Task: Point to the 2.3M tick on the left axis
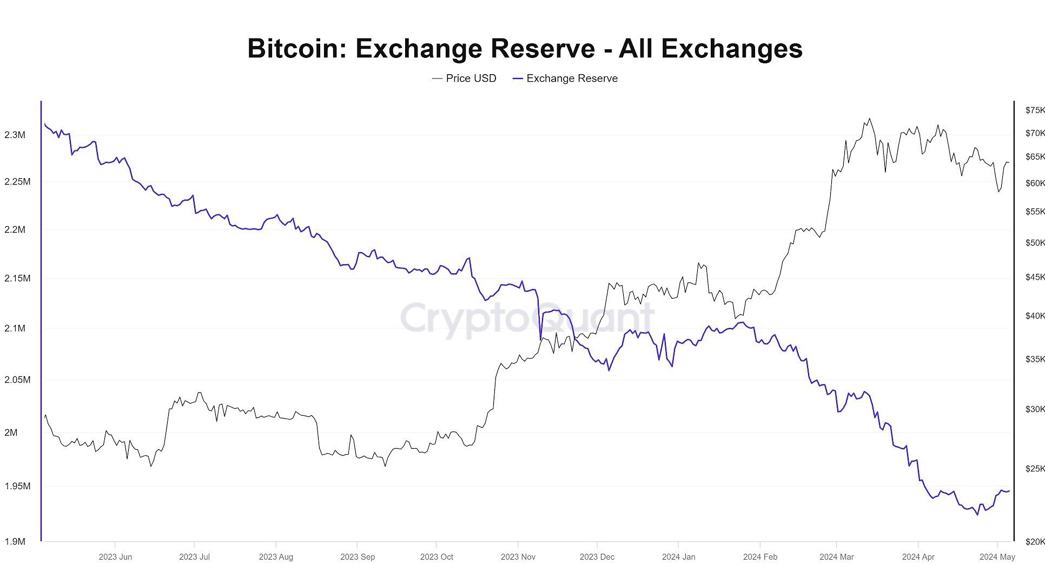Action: pos(15,135)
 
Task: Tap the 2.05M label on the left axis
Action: pos(17,380)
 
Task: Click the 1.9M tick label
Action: pos(15,541)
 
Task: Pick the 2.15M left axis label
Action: pos(17,278)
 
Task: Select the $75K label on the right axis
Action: pos(1034,110)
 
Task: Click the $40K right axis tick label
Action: pos(1034,316)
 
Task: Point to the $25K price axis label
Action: pos(1034,469)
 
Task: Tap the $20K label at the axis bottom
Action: pos(1034,542)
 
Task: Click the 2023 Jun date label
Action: pos(115,557)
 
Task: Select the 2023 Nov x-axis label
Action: pos(518,557)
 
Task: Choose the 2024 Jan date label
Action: pos(678,557)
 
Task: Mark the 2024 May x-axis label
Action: pos(997,557)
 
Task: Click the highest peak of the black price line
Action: pos(869,119)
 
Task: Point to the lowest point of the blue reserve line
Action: pos(977,515)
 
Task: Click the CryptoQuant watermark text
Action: pos(527,319)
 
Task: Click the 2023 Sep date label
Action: pos(357,557)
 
